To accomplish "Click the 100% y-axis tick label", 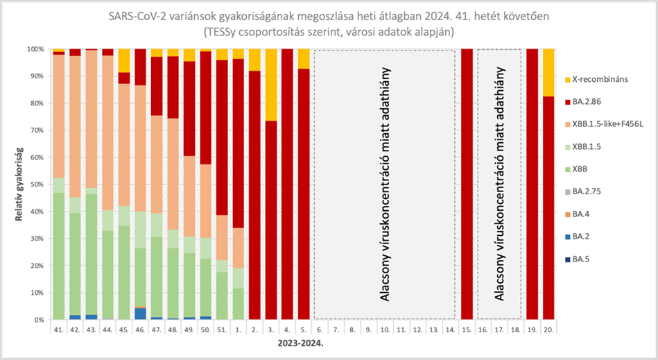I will [x=35, y=49].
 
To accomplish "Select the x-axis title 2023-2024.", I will [x=301, y=343].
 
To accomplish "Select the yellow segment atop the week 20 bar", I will [x=548, y=72].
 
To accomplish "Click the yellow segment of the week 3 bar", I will [x=271, y=85].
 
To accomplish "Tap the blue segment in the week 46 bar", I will [x=140, y=314].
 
